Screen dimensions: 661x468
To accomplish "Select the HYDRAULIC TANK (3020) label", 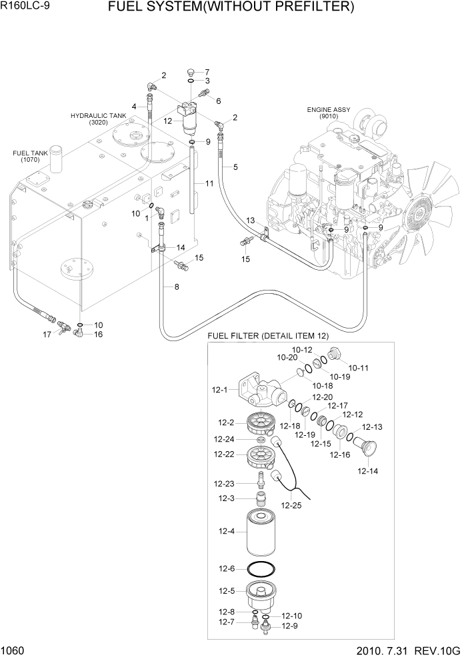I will (98, 119).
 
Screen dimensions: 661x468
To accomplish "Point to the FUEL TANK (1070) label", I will (30, 157).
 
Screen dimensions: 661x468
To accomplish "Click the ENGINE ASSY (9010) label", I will (328, 113).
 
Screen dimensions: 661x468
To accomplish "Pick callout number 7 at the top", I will (207, 72).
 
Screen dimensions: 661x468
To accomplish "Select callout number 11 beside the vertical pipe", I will (209, 183).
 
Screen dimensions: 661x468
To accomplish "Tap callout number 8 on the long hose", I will (176, 287).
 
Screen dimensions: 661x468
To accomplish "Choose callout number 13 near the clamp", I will (251, 220).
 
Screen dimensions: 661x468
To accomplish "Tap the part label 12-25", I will (292, 505).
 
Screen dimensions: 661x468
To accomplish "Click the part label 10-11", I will (359, 367).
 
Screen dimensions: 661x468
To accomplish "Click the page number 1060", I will (13, 652).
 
